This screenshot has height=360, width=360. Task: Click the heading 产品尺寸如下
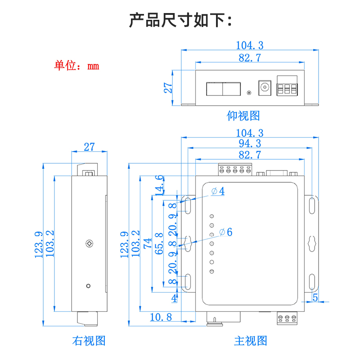(x=180, y=20)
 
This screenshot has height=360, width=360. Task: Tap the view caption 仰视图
(x=243, y=116)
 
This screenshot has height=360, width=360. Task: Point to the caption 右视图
(x=89, y=341)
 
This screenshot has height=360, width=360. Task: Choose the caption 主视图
(x=251, y=341)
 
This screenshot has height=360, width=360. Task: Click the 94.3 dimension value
(x=250, y=144)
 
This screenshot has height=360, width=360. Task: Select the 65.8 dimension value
(x=159, y=243)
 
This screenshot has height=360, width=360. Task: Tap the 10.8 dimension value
(x=161, y=317)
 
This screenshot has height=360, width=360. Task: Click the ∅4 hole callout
(x=218, y=191)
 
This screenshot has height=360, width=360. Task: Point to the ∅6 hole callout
(x=225, y=232)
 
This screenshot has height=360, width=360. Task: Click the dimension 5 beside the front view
(x=315, y=297)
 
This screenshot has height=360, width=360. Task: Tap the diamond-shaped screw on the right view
(x=89, y=244)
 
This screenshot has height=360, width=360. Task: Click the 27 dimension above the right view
(x=90, y=147)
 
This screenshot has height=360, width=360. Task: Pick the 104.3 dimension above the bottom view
(x=250, y=45)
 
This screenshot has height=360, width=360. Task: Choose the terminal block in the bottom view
(x=288, y=88)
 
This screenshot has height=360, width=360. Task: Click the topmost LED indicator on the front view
(x=211, y=216)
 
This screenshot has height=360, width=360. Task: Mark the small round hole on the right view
(x=89, y=285)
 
